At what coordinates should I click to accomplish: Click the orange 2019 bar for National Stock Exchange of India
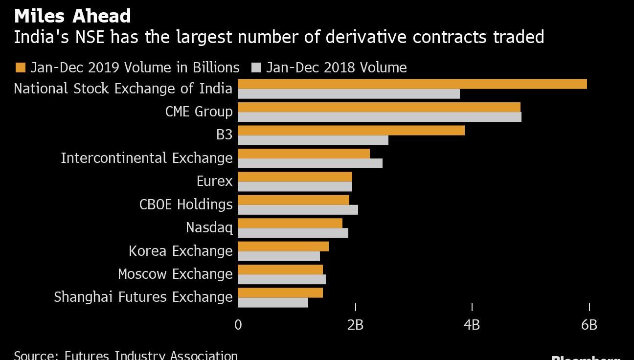point(412,84)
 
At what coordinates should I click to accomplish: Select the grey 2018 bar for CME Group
point(379,117)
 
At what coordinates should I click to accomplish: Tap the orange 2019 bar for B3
point(351,131)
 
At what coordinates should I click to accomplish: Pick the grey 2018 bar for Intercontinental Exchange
point(310,163)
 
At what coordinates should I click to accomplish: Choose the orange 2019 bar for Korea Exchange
point(283,247)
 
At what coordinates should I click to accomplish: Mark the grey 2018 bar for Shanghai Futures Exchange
point(272,303)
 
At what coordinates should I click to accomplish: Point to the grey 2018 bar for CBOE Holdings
point(297,210)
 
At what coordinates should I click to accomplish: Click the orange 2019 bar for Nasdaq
point(290,224)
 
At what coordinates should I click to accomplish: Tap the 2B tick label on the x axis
point(355,325)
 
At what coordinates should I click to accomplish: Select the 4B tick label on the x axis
point(472,325)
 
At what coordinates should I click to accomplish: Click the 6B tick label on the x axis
point(589,325)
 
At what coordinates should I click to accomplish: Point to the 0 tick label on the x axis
point(238,325)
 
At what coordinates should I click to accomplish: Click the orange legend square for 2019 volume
point(20,67)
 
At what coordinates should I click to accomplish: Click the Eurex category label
point(214,181)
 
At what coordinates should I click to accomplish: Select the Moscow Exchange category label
point(175,274)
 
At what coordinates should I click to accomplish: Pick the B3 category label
point(224,135)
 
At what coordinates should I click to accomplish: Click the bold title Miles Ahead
point(72,16)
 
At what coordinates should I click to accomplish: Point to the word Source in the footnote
point(35,355)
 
